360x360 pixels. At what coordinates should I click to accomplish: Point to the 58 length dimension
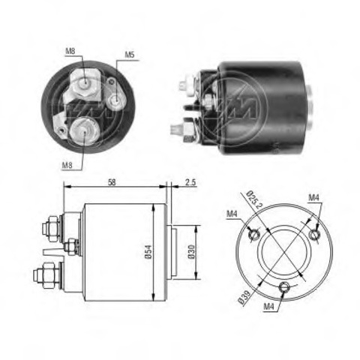click(110, 182)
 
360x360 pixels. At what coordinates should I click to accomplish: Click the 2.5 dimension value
click(191, 182)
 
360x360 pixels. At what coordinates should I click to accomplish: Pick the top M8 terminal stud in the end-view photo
click(87, 85)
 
